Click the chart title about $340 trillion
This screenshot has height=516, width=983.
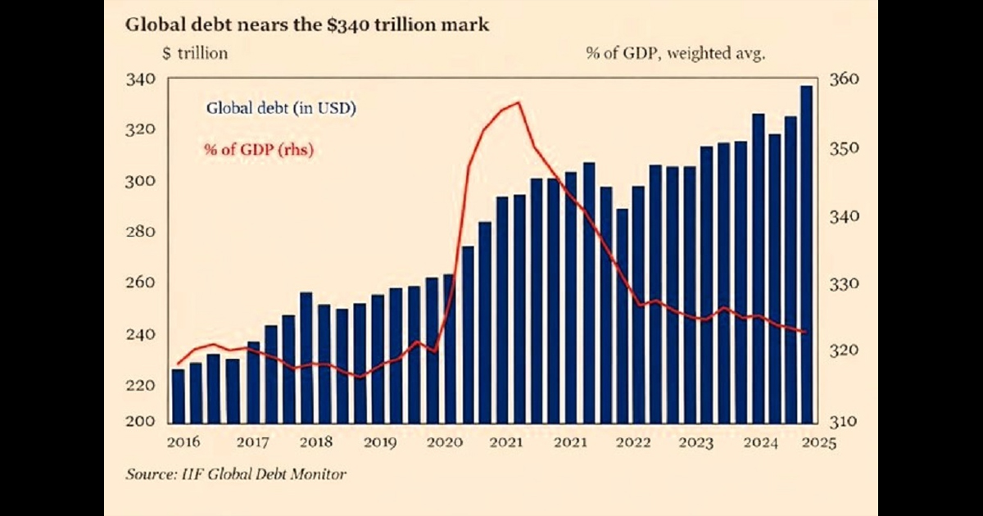pos(306,25)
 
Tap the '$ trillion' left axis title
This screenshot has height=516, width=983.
pos(195,53)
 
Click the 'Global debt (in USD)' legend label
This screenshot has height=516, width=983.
pos(280,107)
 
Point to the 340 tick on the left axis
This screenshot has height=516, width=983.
pos(140,80)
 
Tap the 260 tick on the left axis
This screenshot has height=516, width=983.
pos(140,283)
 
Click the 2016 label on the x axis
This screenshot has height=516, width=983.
pos(183,443)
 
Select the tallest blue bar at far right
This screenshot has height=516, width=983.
pos(806,254)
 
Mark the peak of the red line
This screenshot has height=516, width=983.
pos(518,102)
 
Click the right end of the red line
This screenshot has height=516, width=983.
pos(806,332)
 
